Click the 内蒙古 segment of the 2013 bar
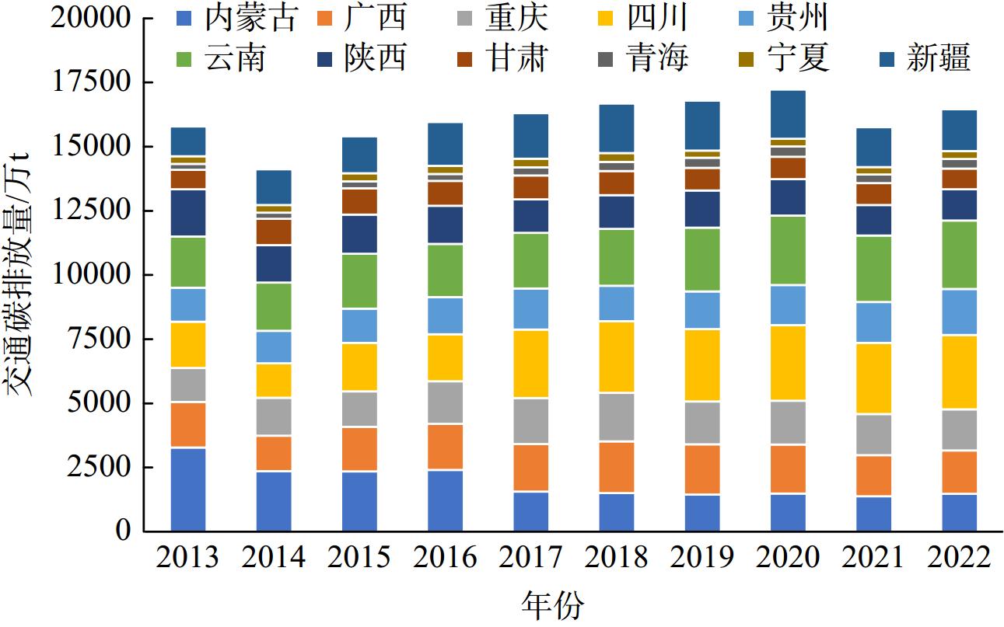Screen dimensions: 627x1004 (x=188, y=489)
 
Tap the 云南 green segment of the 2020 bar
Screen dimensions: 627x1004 (x=788, y=250)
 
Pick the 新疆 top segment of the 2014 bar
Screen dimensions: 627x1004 (x=274, y=186)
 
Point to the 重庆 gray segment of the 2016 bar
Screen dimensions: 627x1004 (x=446, y=402)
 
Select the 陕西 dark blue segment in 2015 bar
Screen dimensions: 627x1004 (x=359, y=234)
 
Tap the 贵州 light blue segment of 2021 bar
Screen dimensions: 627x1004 (x=873, y=322)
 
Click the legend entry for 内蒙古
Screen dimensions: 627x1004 (x=237, y=19)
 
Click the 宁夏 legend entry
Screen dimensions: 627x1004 (x=787, y=58)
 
